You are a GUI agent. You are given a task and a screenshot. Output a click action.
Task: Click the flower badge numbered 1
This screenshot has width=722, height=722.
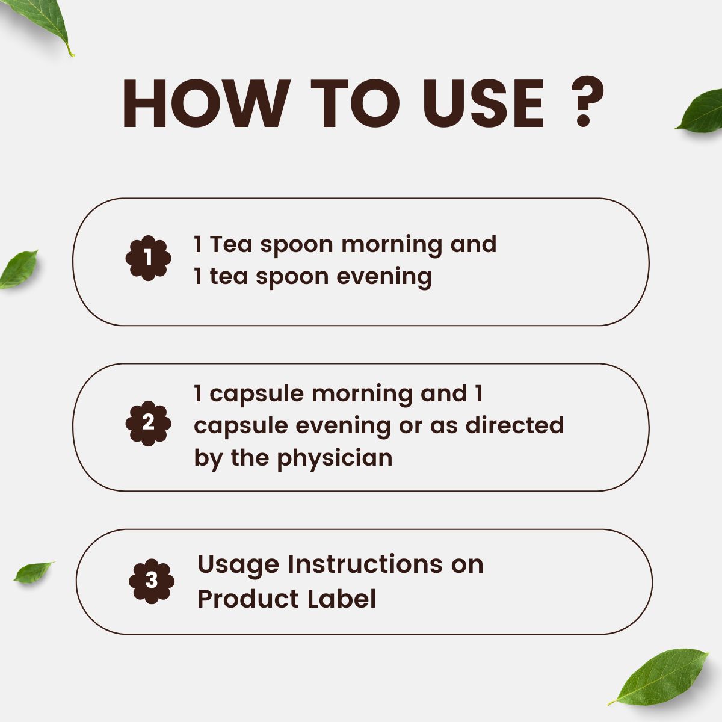click(148, 258)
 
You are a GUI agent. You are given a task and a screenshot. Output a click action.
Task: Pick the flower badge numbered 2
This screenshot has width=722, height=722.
click(148, 423)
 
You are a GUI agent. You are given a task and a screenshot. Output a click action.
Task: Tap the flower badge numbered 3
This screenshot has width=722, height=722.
click(152, 581)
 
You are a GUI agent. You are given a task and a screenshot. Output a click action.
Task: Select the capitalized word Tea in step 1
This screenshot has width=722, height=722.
click(232, 245)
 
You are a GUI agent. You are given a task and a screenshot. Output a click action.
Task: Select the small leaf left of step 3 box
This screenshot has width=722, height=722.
click(33, 572)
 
